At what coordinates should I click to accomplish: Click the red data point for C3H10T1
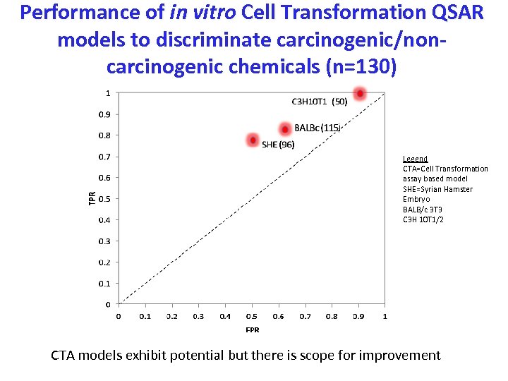(360, 94)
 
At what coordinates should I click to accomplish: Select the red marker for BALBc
(285, 129)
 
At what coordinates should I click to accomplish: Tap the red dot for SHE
(253, 140)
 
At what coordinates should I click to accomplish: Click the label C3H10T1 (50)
(319, 102)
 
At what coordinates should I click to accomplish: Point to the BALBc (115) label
(317, 128)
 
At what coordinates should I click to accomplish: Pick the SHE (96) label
(278, 145)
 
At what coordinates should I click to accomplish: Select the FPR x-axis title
(252, 329)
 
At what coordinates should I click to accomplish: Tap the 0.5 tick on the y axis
(103, 199)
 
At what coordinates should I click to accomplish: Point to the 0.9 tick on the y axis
(103, 114)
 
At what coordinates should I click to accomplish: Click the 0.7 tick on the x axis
(305, 317)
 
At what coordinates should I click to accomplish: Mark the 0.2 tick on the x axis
(171, 317)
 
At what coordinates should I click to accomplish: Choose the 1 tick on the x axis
(385, 317)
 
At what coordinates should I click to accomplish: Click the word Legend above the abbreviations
(415, 159)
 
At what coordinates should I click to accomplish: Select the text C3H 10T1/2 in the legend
(423, 219)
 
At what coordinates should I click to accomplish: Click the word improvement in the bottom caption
(399, 356)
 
